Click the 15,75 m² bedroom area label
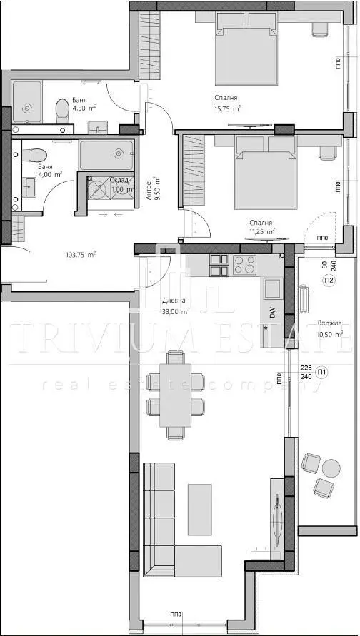tap(226, 103)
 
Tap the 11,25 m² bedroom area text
tap(262, 227)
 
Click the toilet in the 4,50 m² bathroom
tap(62, 108)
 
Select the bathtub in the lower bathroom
tap(106, 155)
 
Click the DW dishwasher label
tap(272, 312)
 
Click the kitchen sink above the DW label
tap(272, 288)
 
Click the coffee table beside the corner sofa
tap(199, 509)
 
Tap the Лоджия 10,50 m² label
tap(329, 328)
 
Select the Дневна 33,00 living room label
tap(174, 306)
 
